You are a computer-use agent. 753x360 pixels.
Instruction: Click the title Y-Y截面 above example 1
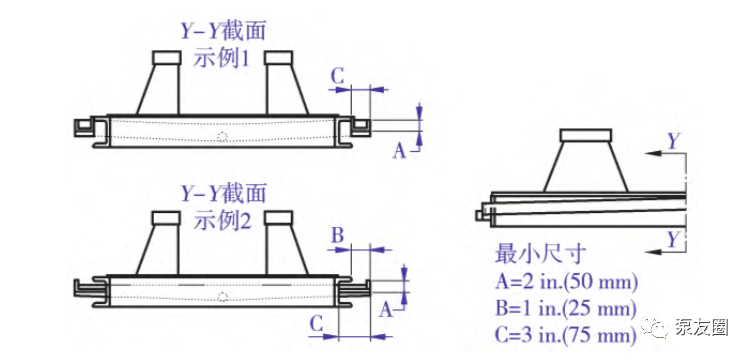223,32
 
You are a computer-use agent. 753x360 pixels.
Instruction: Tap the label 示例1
221,59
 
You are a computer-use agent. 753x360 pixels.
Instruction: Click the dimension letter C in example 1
338,76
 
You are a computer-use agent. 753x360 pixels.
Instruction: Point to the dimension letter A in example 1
400,151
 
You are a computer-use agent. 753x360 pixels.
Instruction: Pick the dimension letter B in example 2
338,236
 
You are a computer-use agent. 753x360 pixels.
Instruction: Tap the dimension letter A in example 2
386,311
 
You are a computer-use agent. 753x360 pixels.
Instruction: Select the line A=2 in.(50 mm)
566,282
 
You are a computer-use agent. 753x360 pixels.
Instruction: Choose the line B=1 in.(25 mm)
566,308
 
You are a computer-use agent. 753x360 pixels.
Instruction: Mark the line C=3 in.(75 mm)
566,334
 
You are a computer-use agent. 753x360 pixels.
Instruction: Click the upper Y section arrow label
674,141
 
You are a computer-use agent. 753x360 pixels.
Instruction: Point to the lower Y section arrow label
674,238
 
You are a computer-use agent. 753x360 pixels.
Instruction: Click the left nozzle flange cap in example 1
167,58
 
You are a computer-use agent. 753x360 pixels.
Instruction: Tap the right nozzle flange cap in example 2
279,217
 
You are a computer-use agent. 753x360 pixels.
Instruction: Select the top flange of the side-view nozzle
586,135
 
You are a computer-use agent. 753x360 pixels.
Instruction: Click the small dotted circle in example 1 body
222,136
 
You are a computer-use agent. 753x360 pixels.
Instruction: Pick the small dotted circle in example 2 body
222,297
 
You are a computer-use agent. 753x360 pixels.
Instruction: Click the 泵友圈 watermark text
701,328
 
